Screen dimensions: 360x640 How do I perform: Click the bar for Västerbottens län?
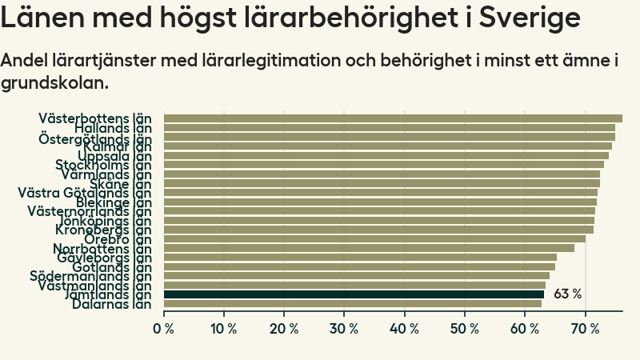(x=392, y=118)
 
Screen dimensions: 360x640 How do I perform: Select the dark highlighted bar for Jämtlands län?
(x=354, y=294)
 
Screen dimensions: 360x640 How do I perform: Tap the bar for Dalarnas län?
(x=352, y=304)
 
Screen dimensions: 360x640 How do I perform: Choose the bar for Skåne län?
(x=382, y=183)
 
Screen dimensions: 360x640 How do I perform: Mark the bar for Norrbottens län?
(x=369, y=248)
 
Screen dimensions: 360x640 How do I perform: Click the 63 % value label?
(x=567, y=294)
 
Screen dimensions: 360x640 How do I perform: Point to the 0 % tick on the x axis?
(x=164, y=329)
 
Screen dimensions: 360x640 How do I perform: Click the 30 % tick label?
(x=344, y=329)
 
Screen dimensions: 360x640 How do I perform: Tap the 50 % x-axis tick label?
(x=464, y=329)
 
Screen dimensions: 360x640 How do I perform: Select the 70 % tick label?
(x=585, y=329)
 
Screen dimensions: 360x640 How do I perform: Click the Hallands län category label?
(x=113, y=128)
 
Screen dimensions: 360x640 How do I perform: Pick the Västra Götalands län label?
(x=85, y=193)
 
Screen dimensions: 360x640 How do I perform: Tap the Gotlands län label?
(x=112, y=267)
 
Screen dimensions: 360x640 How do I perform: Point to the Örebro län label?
(x=118, y=239)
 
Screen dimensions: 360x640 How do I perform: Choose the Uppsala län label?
(x=114, y=156)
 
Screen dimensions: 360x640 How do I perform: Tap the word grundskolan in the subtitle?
(x=54, y=82)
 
